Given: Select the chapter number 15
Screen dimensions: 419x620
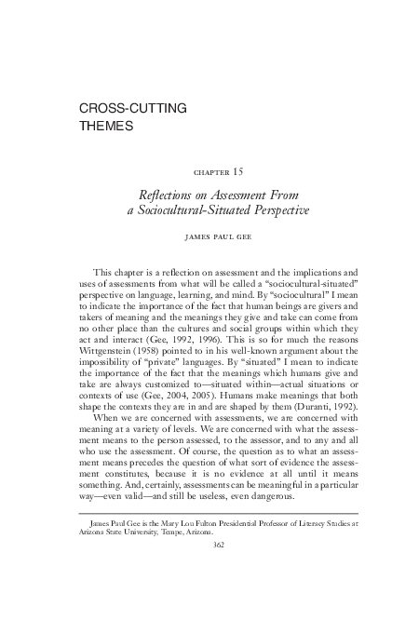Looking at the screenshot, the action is tap(239, 172).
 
